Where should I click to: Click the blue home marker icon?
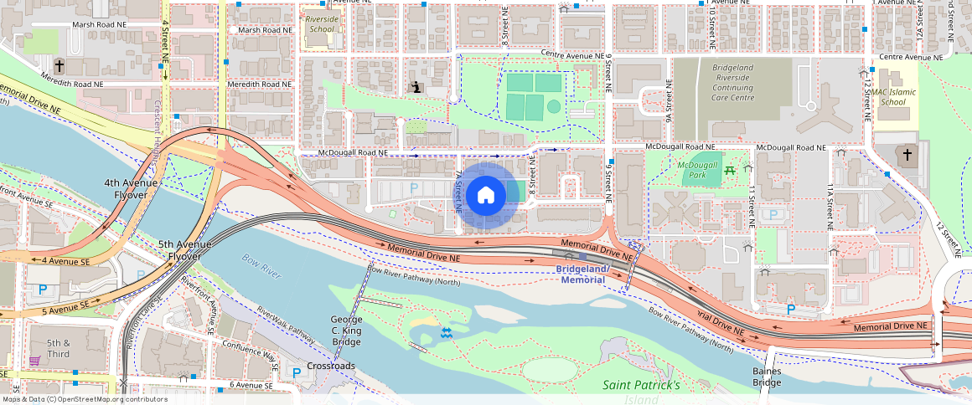point(485,196)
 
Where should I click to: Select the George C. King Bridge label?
point(346,331)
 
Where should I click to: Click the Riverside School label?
point(321,23)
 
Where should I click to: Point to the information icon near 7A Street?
point(416,86)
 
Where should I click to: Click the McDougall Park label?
point(697,171)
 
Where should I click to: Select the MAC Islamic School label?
point(889,97)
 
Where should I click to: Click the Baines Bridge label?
point(766,377)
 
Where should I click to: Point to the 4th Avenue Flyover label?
point(126,189)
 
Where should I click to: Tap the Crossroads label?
point(331,366)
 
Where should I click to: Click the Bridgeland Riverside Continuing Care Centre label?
point(734,83)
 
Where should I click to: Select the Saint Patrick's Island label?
point(642,392)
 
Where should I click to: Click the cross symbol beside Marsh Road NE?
point(59,64)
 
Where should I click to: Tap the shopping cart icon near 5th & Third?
point(34,361)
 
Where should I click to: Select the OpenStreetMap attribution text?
point(84,399)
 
